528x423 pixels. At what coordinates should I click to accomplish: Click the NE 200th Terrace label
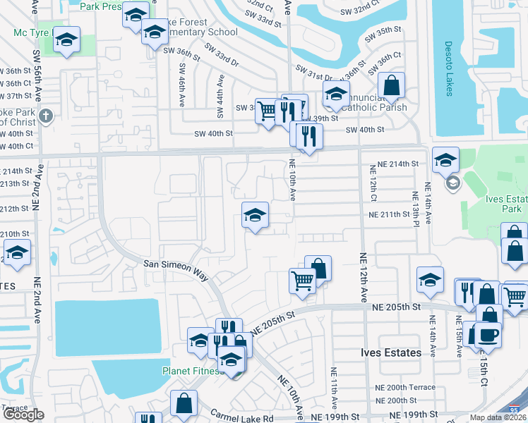tap(407, 388)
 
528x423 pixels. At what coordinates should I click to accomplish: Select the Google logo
tap(23, 415)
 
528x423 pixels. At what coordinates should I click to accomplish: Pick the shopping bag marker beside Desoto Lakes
tap(391, 87)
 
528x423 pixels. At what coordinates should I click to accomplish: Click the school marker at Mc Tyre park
tap(66, 41)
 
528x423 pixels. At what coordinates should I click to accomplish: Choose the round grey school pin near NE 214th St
tap(452, 183)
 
